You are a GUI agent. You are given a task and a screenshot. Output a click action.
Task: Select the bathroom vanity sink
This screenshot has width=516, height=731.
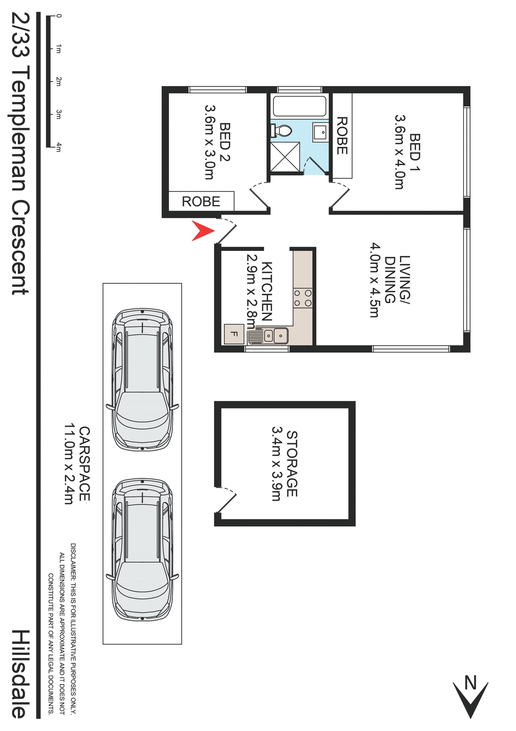321,132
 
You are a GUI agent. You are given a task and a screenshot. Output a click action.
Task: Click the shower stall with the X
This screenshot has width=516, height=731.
285,157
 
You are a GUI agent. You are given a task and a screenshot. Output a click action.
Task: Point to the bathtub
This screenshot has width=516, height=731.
300,106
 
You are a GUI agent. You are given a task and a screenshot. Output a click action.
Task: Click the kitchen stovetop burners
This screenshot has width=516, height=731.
303,298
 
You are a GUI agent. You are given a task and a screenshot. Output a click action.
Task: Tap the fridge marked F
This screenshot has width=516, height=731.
234,334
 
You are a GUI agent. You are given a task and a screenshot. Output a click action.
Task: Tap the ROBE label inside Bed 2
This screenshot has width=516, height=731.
201,201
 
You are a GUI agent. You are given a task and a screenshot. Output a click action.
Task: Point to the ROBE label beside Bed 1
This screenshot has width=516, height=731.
342,136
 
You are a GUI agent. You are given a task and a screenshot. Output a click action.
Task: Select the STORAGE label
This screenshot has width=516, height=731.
292,463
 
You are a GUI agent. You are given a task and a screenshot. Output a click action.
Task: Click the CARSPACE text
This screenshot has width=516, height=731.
84,463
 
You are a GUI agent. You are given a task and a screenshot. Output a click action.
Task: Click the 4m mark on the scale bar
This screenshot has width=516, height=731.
58,147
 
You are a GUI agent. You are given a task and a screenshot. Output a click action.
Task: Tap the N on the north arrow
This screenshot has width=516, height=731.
470,683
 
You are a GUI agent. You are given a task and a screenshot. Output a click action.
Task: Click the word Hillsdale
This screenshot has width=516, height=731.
20,674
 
